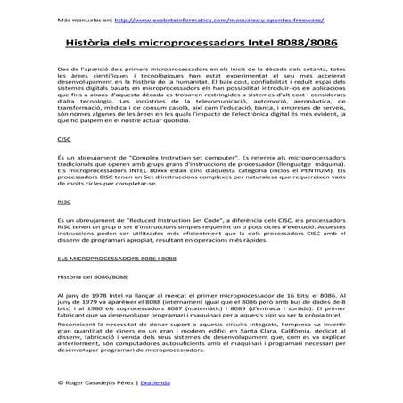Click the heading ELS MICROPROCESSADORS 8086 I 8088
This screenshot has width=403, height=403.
107,258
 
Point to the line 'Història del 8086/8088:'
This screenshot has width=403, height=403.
93,276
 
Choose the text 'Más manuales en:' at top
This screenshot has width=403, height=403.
84,18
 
